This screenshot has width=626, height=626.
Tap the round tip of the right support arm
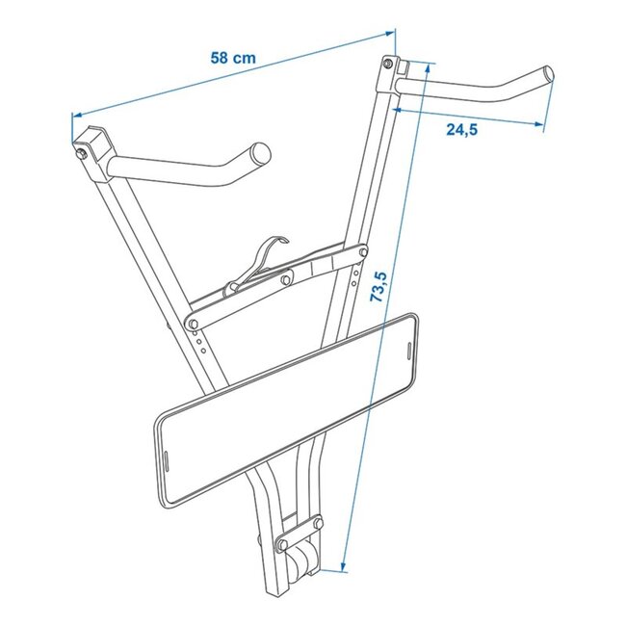tap(548, 74)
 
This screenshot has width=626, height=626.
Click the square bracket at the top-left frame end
tap(91, 143)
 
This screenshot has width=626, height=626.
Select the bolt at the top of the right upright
tap(388, 65)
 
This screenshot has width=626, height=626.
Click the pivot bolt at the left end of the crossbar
tap(194, 322)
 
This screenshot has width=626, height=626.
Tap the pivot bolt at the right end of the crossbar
tap(361, 254)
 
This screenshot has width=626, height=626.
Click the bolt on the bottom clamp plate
tap(285, 545)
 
